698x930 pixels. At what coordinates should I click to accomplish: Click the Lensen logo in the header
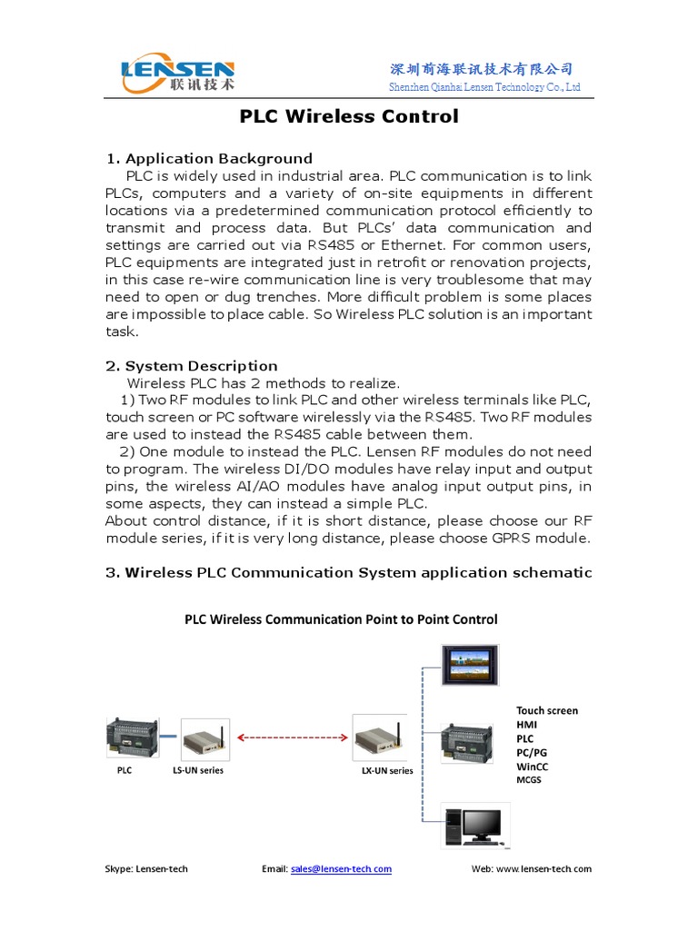click(178, 74)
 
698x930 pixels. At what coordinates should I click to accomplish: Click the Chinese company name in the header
click(482, 69)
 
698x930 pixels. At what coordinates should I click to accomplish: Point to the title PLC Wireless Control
click(349, 116)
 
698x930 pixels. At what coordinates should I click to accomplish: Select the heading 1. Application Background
click(209, 158)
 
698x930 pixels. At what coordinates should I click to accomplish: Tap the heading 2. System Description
click(192, 366)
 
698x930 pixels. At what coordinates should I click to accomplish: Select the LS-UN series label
click(197, 770)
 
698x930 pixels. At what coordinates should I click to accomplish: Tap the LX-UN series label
click(386, 770)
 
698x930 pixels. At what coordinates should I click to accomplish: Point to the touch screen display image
click(471, 666)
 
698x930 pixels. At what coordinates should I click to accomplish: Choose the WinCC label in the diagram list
click(533, 767)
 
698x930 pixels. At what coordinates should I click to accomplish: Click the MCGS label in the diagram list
click(529, 780)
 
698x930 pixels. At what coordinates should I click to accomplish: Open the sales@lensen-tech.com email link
click(341, 869)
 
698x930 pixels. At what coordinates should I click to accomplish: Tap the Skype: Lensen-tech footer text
click(146, 869)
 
